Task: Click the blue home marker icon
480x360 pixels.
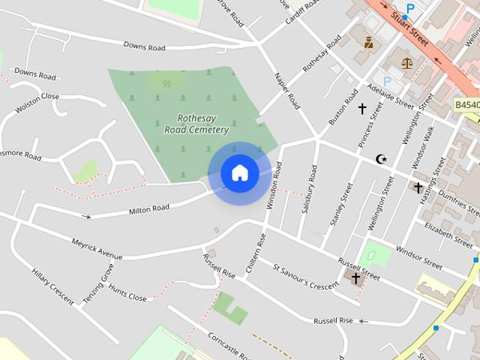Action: click(239, 173)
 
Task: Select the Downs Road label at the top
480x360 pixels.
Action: click(144, 47)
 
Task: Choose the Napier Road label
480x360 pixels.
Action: click(287, 91)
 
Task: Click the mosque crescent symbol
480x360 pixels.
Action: click(382, 158)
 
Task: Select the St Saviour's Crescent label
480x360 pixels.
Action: click(306, 275)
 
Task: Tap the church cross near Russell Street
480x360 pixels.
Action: click(355, 278)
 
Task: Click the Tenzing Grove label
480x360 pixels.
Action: click(97, 283)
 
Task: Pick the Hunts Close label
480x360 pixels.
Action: click(127, 292)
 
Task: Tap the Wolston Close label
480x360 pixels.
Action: click(37, 101)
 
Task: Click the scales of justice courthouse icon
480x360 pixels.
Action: click(407, 63)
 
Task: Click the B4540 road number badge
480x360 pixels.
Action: click(466, 106)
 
